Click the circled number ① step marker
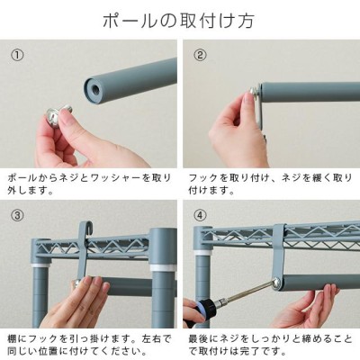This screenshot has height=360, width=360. [17, 55]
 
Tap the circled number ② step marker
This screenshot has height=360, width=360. [200, 55]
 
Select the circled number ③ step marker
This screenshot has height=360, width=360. [17, 215]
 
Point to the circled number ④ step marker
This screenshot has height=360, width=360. [200, 215]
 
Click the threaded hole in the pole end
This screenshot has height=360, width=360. [96, 88]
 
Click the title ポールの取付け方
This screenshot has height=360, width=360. [179, 21]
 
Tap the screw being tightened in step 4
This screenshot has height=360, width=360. [276, 283]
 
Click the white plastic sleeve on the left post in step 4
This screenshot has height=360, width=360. [202, 252]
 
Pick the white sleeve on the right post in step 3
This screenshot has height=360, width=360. [162, 267]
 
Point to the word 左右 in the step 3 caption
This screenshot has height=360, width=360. [154, 339]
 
